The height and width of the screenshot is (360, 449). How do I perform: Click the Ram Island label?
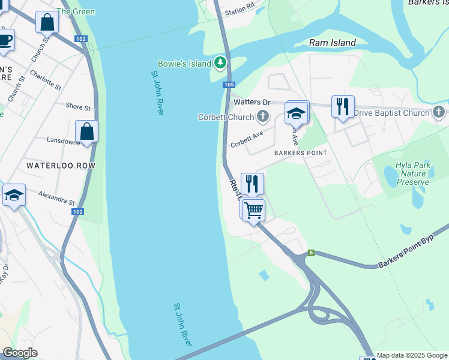tap(333, 43)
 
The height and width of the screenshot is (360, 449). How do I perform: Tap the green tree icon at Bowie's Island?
tap(221, 62)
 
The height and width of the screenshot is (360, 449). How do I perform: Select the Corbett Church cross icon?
tap(262, 116)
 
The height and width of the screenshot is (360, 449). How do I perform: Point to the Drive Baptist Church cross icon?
tap(439, 112)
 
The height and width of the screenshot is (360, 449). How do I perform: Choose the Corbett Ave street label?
tap(247, 140)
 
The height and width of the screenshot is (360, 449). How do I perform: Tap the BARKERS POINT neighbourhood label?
tap(300, 153)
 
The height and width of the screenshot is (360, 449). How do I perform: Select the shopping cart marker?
tap(253, 210)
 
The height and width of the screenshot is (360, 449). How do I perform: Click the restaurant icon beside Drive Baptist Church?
tap(342, 107)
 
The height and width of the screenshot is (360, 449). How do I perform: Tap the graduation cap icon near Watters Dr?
tap(296, 112)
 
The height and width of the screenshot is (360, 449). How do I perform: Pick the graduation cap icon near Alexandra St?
tap(14, 195)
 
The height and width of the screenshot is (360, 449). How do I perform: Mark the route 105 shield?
tap(228, 85)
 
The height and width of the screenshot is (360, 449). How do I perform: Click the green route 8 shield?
tap(311, 253)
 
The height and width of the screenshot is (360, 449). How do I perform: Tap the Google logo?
tap(20, 353)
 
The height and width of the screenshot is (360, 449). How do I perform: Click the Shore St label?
tap(78, 107)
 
